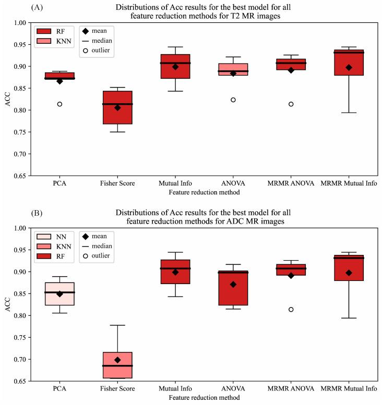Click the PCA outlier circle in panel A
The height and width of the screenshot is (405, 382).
pos(60,104)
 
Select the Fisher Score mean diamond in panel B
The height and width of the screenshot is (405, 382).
pos(117,360)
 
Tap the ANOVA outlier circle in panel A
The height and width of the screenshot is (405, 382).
pos(233,100)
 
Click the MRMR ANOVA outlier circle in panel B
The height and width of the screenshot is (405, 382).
pos(291,310)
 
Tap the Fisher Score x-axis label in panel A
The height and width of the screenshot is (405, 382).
pos(117,183)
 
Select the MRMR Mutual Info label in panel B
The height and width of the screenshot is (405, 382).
pos(349,388)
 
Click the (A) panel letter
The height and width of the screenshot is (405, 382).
pos(37,8)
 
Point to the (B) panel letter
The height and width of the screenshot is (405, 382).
pos(37,213)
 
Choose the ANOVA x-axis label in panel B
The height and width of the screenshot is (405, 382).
pos(233,388)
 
